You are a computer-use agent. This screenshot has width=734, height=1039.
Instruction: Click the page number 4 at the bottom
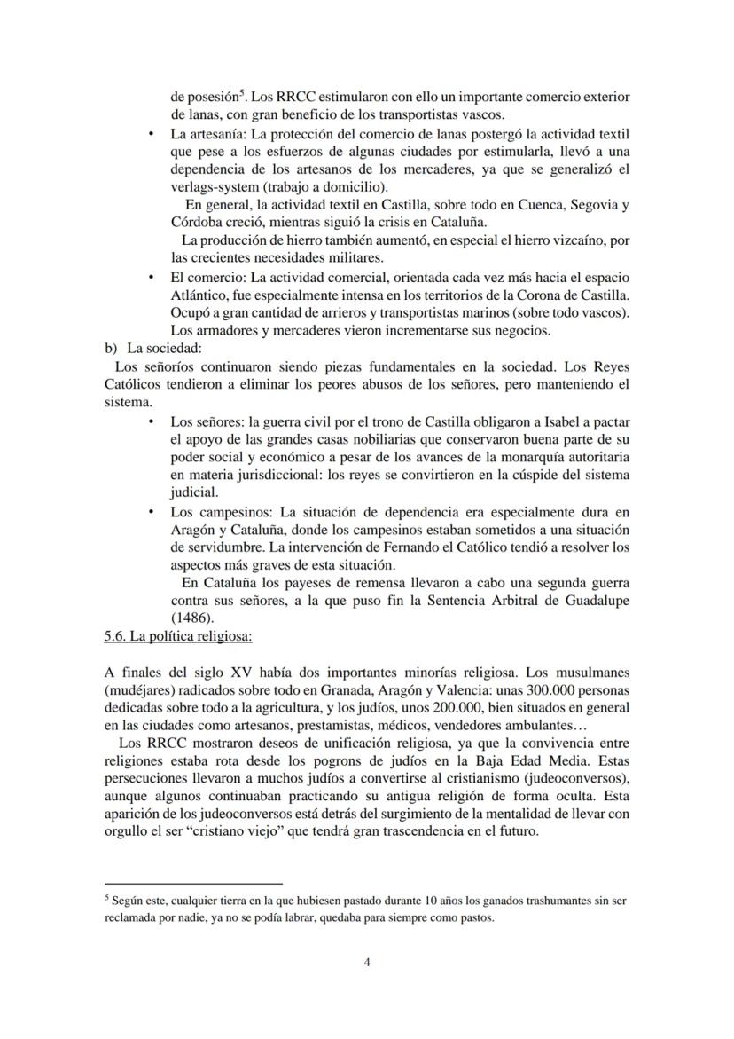pos(367,963)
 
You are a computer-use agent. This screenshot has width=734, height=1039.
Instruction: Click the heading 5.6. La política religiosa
pos(178,635)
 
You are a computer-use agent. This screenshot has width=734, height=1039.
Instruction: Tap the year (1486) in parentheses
pos(192,618)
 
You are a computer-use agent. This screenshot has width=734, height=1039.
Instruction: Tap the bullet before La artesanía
pos(152,135)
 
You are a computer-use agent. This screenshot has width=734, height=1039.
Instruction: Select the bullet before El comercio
pos(152,278)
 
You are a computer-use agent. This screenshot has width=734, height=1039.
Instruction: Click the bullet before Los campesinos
pos(152,512)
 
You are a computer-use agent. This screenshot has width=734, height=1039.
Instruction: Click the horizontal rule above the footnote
pos(192,884)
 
